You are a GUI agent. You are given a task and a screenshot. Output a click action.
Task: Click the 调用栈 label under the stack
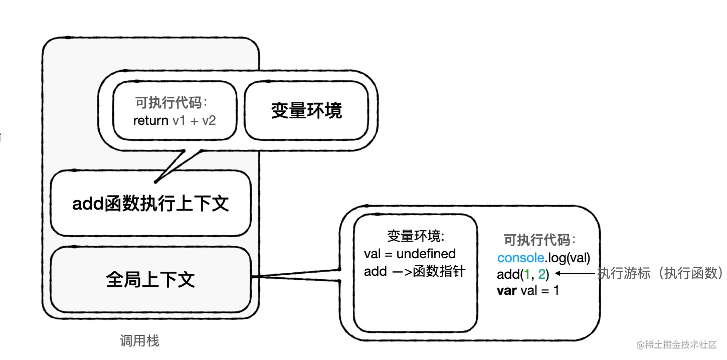click(x=139, y=341)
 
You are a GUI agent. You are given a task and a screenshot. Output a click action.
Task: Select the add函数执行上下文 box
click(x=150, y=204)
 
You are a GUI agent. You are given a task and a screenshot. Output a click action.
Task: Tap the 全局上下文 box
click(x=150, y=279)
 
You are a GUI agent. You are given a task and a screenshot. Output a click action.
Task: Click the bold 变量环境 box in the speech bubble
click(x=306, y=110)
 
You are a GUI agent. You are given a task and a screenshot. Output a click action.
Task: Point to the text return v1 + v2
click(x=174, y=120)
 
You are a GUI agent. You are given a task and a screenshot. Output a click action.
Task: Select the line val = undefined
click(x=410, y=254)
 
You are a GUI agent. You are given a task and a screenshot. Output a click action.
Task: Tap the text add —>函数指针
click(x=415, y=272)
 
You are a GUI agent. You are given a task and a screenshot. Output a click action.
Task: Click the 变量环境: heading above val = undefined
click(x=416, y=236)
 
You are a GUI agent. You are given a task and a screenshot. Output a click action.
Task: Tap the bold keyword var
click(x=506, y=290)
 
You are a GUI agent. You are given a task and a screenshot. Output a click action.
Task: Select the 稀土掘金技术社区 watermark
click(x=677, y=345)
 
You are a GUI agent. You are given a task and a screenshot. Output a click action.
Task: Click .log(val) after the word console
click(x=568, y=258)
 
